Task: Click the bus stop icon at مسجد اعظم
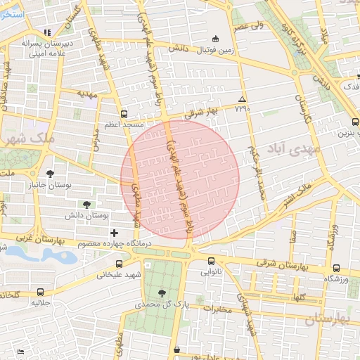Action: coord(124,113)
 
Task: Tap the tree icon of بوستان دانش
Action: coord(86,205)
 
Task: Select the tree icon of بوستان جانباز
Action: coord(49,173)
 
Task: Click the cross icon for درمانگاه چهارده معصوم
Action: coord(114,233)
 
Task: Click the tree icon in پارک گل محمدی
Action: coord(162,292)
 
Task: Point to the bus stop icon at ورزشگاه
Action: coord(335,268)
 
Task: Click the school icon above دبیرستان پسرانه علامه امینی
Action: coord(47,32)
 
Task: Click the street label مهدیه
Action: coord(86,92)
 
